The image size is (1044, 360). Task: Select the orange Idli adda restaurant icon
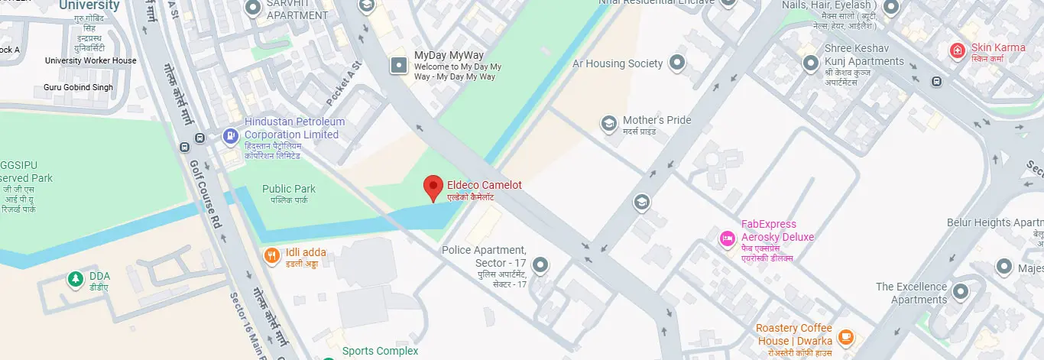coord(271,256)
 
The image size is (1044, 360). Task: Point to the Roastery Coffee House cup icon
coord(845,336)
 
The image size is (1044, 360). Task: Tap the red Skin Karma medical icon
coord(957,51)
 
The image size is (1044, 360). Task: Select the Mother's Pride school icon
coord(608,124)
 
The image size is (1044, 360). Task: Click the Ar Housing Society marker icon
coord(676,63)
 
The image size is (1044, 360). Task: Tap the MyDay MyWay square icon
coord(399,66)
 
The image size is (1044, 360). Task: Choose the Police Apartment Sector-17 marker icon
coord(541,265)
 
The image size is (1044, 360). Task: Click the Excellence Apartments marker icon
coord(961,291)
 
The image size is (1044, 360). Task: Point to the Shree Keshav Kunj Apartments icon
coord(810,63)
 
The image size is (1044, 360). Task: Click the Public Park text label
coord(288,189)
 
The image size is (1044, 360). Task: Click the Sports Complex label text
coord(380,351)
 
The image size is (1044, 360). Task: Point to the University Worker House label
coord(91,60)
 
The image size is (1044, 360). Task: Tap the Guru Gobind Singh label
coord(78,87)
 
